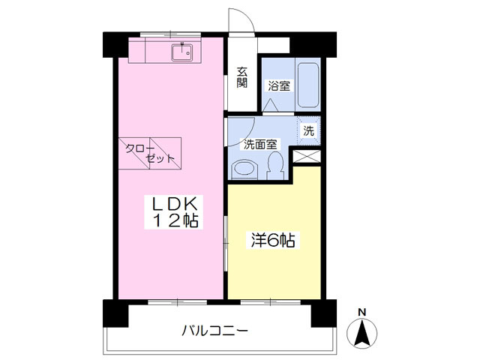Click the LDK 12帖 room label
pyautogui.click(x=175, y=211)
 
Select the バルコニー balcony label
pyautogui.click(x=214, y=329)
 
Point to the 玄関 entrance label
pyautogui.click(x=242, y=77)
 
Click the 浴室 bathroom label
pyautogui.click(x=279, y=85)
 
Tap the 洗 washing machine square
pyautogui.click(x=309, y=130)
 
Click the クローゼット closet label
pyautogui.click(x=150, y=153)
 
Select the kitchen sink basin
pyautogui.click(x=181, y=52)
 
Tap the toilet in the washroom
pyautogui.click(x=274, y=164)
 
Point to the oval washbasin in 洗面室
pyautogui.click(x=243, y=169)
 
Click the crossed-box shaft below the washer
pyautogui.click(x=307, y=156)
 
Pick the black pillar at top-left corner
pyautogui.click(x=109, y=43)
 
